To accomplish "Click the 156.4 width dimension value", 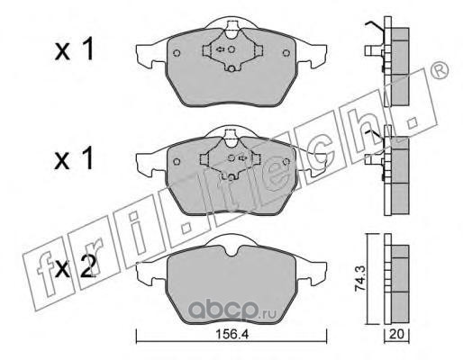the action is pos(232,334).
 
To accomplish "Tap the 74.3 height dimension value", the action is pos(360,279).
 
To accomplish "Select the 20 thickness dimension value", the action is pos(396,334).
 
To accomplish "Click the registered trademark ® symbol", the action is pos(440,71).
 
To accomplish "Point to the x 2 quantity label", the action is pos(76,267).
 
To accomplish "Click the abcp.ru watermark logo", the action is pos(232,310).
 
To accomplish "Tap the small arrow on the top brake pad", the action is pos(221,49).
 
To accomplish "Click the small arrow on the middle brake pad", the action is pos(242,157).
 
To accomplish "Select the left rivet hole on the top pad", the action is pos(177,53).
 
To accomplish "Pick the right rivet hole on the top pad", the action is pos(286,53).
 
